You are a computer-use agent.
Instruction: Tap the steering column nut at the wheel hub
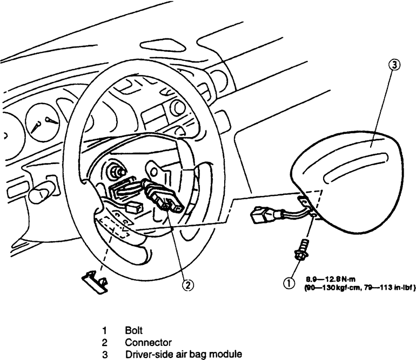click(115, 172)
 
